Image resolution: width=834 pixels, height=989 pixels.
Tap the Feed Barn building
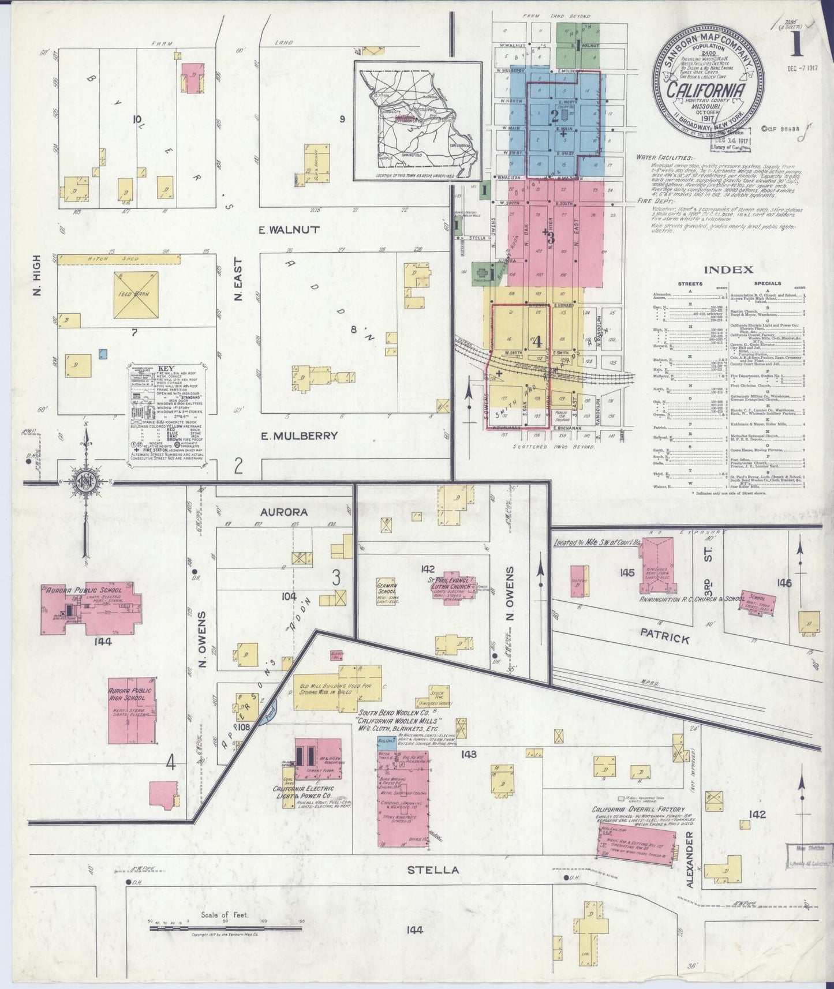(x=137, y=295)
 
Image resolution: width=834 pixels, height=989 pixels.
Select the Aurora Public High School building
(x=133, y=710)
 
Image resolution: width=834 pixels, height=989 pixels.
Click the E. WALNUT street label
(x=289, y=230)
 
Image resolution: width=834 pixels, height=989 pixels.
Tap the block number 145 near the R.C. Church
(x=626, y=573)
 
